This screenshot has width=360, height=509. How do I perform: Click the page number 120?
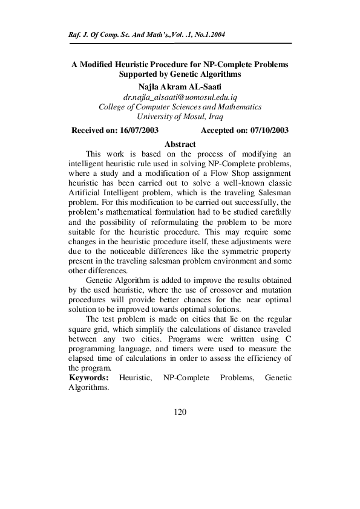click(x=180, y=412)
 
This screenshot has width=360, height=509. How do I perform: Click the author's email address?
click(x=180, y=97)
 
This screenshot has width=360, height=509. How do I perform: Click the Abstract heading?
click(x=180, y=144)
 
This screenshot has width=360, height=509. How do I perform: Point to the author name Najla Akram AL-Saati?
click(x=180, y=86)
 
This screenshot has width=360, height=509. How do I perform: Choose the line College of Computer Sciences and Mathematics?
click(x=180, y=107)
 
